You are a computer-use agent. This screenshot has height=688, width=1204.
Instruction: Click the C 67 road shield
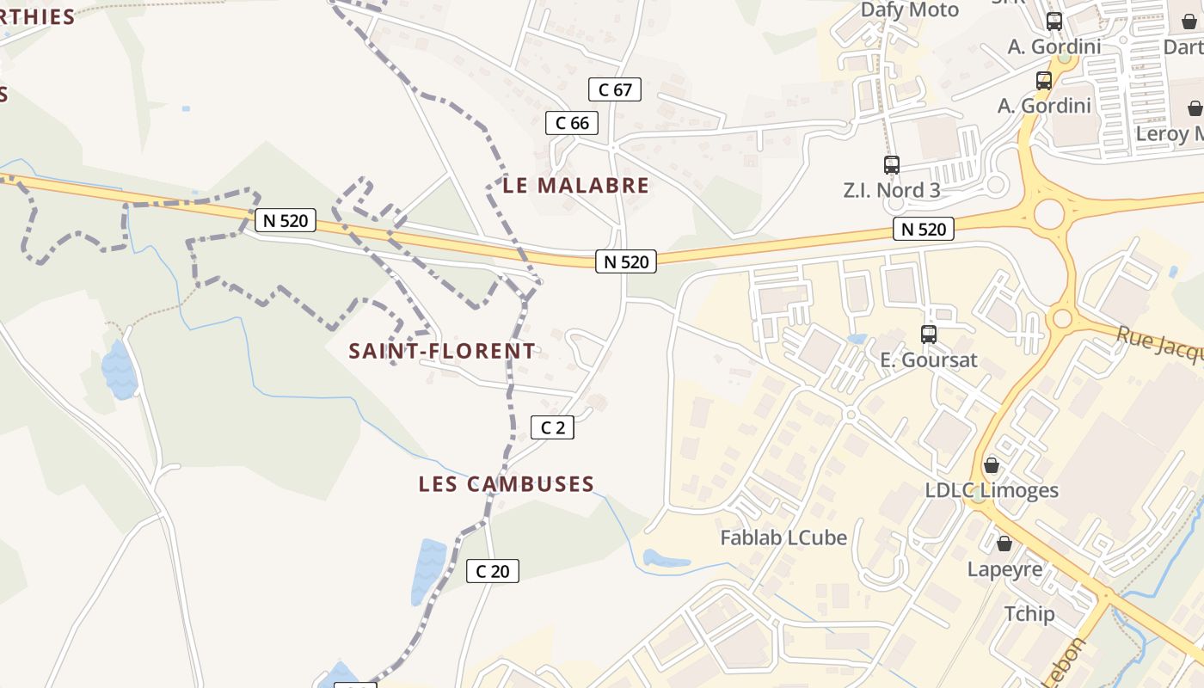(615, 89)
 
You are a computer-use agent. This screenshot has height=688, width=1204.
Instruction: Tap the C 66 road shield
(572, 123)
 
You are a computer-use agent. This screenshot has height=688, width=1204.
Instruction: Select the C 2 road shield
(552, 427)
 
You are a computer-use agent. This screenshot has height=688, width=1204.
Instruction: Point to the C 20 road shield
(493, 570)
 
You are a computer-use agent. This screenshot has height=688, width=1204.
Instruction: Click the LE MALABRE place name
(576, 186)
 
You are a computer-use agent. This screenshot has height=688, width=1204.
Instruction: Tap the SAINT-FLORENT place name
(442, 351)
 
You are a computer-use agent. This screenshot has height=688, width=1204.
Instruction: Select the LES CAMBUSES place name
(507, 484)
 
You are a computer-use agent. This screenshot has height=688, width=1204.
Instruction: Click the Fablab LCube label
(783, 538)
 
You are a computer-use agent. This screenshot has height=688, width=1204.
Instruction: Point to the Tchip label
(1029, 614)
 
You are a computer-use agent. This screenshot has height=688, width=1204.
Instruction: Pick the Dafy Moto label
(910, 10)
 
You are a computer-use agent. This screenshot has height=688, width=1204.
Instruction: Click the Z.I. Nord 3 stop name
(892, 190)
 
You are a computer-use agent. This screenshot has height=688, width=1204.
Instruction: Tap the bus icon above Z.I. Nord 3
(892, 165)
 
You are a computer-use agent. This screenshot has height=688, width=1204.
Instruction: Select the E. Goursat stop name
(929, 359)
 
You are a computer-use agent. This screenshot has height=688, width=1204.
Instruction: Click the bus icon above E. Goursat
(929, 335)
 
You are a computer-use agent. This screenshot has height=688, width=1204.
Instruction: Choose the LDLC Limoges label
(992, 490)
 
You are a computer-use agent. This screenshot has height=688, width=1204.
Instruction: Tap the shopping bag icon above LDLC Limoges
(992, 465)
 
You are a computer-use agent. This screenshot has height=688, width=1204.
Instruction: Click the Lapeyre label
(1004, 569)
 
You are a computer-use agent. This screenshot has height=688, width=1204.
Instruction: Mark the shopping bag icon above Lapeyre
(1004, 544)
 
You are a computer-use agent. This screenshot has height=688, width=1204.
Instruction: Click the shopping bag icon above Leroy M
(1195, 108)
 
